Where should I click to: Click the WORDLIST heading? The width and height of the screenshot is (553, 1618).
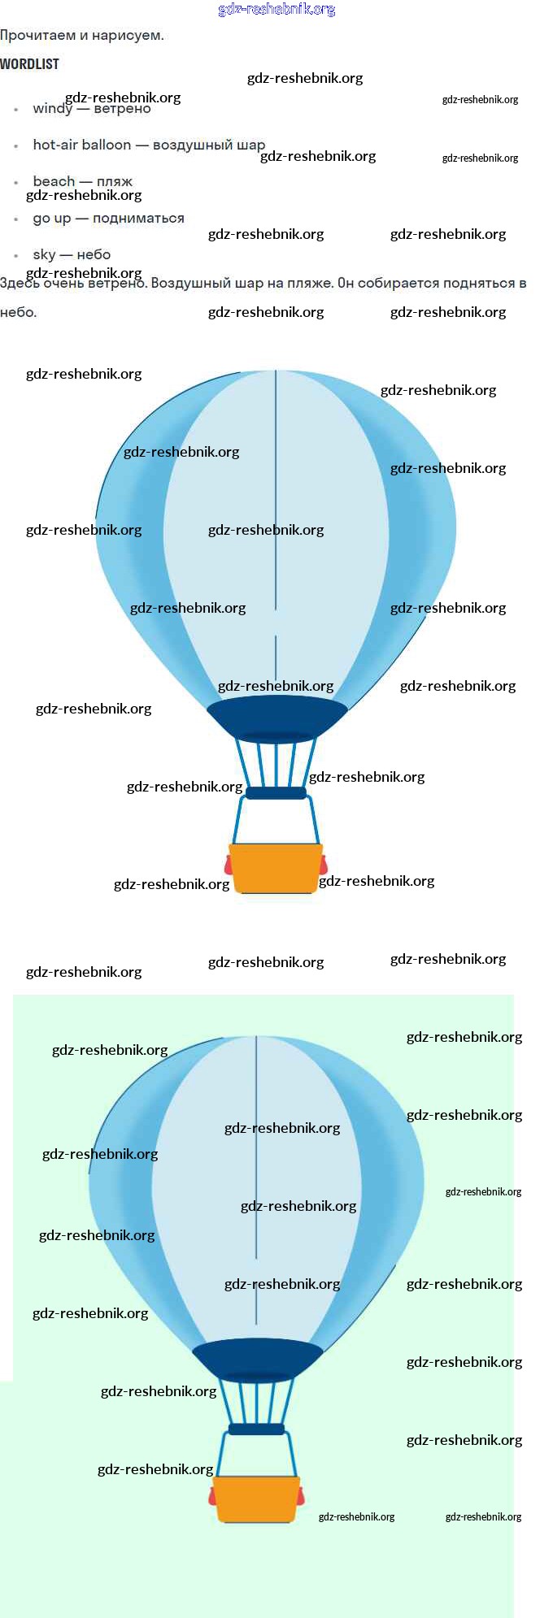[29, 64]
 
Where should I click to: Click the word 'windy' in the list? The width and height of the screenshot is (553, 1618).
[52, 109]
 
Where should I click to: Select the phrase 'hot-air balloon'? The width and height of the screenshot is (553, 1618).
[81, 145]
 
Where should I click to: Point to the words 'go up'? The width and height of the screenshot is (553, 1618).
[52, 219]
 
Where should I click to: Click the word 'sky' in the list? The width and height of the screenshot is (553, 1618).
[44, 255]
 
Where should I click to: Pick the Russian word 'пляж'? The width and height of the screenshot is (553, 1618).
[115, 181]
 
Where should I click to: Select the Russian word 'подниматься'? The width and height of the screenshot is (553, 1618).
[138, 219]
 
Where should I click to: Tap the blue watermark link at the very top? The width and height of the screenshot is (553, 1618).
[276, 10]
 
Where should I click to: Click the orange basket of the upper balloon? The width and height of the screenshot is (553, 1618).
[276, 868]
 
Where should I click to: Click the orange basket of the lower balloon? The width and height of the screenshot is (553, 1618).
[256, 1499]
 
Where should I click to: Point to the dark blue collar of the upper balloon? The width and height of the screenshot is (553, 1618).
[276, 715]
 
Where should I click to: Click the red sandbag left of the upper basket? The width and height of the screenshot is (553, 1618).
[229, 865]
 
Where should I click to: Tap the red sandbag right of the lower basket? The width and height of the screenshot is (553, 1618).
[301, 1495]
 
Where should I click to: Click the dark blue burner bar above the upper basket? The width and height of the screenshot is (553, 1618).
[276, 793]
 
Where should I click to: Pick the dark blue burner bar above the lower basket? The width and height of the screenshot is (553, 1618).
[256, 1429]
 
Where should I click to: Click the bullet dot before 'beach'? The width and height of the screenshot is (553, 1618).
[15, 183]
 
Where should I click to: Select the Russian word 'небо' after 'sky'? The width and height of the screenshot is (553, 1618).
[94, 255]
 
